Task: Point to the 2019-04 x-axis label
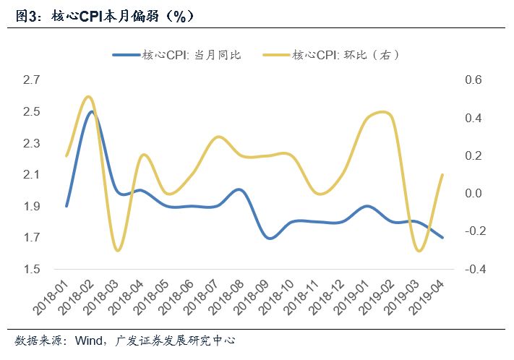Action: coord(427,297)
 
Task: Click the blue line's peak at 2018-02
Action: coord(92,111)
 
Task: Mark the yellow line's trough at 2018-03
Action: coord(117,251)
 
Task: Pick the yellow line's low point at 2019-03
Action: coord(418,251)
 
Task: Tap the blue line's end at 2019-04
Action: coord(442,238)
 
